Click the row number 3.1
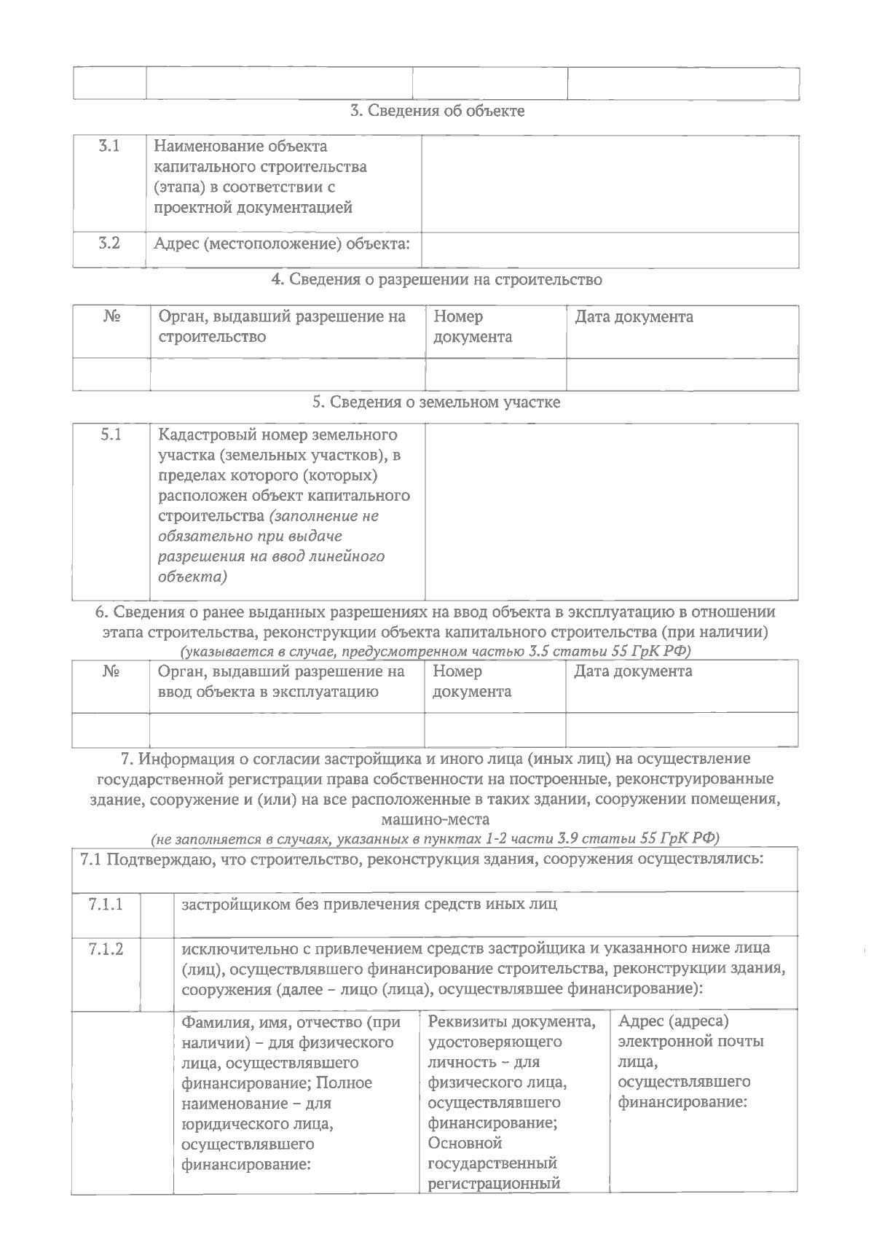coord(109,147)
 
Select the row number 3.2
coord(109,243)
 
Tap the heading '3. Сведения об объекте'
coord(437,111)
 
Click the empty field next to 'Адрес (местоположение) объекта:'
coord(610,249)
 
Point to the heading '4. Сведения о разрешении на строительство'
coord(436,279)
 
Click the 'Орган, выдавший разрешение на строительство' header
coord(282,327)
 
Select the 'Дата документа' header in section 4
coord(634,317)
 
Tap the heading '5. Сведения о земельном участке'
coord(436,402)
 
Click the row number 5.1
coord(111,435)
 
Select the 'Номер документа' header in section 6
coord(471,681)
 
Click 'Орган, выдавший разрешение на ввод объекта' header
coord(281,681)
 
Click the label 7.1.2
coord(106,949)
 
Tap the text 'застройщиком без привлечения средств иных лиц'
coord(369,905)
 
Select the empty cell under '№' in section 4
coord(111,374)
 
